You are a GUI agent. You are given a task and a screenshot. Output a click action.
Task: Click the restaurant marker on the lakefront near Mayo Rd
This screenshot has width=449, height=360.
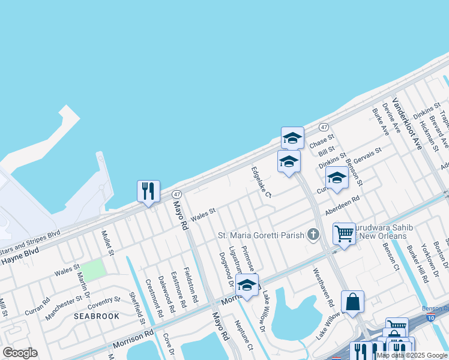pyautogui.click(x=148, y=191)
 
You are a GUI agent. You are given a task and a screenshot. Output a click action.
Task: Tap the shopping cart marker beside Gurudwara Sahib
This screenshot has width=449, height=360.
pyautogui.click(x=344, y=233)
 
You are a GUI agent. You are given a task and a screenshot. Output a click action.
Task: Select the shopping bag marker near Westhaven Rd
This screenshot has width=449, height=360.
pyautogui.click(x=352, y=301)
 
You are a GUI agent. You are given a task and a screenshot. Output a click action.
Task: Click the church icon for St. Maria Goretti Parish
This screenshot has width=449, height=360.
pyautogui.click(x=313, y=234)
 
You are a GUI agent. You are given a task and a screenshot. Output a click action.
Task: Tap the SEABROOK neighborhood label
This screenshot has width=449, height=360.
pyautogui.click(x=97, y=316)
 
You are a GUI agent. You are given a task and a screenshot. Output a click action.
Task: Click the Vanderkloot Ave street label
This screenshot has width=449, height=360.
pyautogui.click(x=407, y=124)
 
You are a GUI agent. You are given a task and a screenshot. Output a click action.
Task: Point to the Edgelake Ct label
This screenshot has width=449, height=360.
pyautogui.click(x=261, y=182)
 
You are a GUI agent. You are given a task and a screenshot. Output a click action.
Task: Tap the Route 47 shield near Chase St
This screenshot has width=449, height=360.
pyautogui.click(x=323, y=127)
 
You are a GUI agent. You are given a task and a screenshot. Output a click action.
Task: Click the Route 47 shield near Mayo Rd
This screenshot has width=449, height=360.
pyautogui.click(x=176, y=194)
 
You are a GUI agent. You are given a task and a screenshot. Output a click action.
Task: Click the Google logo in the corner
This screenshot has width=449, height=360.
pyautogui.click(x=20, y=352)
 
